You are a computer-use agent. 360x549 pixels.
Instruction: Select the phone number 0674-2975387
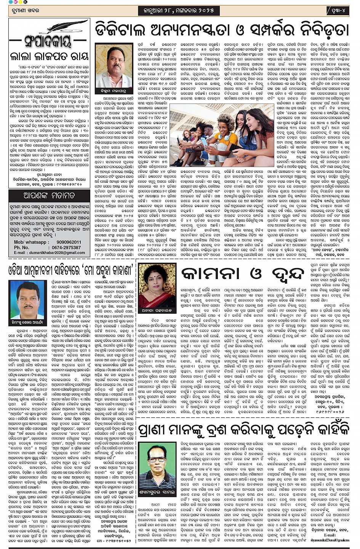66,247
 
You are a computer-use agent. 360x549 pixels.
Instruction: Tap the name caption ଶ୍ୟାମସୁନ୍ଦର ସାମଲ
157,491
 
